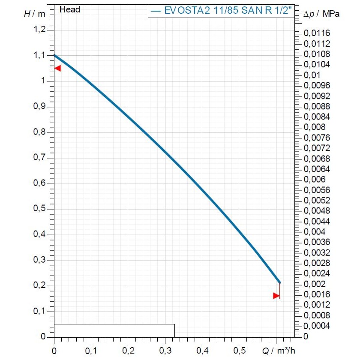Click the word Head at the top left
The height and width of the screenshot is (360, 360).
70,9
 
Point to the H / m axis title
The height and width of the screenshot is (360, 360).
34,13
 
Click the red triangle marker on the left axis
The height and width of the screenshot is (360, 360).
57,68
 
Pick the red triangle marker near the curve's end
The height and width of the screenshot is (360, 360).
276,295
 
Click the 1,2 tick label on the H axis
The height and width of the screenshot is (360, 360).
39,30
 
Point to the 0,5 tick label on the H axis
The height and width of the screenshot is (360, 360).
39,209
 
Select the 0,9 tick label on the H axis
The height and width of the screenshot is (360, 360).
39,106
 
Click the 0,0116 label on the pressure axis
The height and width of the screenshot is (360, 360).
317,33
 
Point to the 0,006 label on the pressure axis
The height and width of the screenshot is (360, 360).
315,180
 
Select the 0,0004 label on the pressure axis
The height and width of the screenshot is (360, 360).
317,326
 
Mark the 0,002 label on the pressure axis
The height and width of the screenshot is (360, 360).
315,284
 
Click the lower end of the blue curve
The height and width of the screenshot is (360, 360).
279,282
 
